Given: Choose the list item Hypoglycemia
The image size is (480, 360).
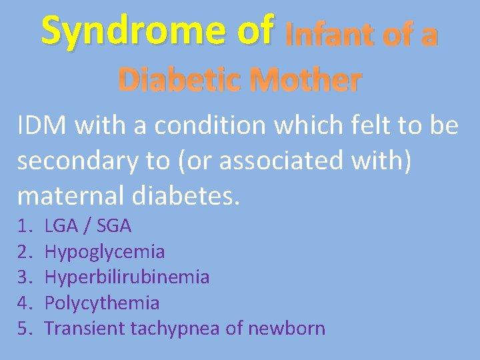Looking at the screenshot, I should point(104,252).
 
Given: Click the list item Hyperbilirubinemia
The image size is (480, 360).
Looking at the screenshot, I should point(127,277).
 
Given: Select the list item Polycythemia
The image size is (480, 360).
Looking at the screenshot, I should point(101,303).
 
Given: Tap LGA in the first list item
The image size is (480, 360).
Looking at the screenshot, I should point(59,227).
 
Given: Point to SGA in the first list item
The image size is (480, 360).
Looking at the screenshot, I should point(114,227).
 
